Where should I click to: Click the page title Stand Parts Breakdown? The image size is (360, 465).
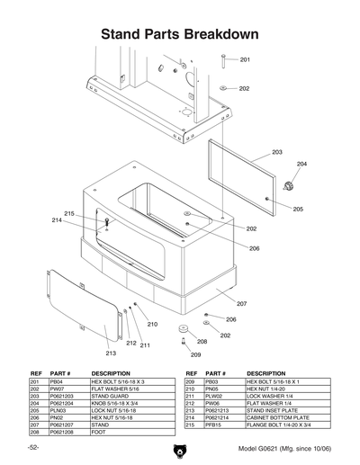click(180, 34)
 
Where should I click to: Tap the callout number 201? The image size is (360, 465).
click(245, 59)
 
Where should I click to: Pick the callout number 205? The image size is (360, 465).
click(298, 209)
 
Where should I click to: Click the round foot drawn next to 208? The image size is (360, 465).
click(182, 329)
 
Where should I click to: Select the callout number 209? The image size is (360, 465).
click(194, 354)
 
